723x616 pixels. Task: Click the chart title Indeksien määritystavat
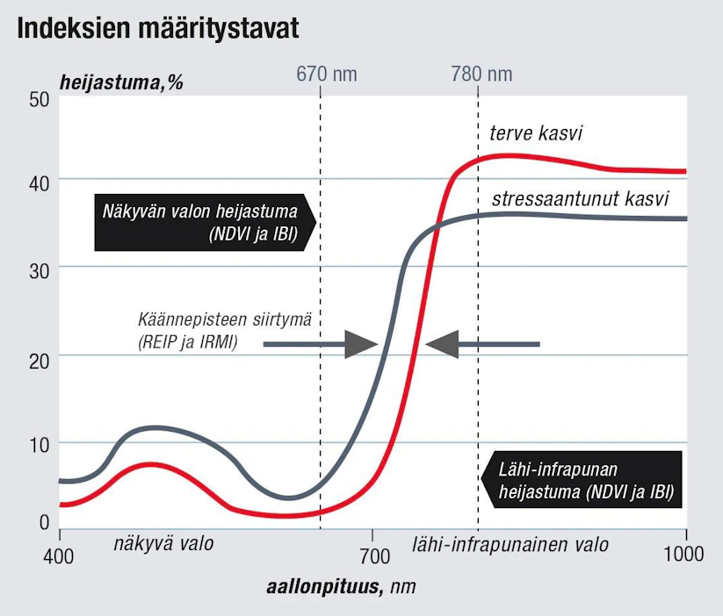(158, 29)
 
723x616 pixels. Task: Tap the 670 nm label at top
(327, 74)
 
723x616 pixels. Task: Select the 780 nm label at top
(481, 74)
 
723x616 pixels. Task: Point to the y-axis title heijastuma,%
(121, 83)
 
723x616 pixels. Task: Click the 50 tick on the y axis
(40, 99)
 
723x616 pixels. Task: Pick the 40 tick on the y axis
(40, 183)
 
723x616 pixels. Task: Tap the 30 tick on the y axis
(40, 271)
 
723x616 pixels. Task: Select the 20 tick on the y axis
(40, 361)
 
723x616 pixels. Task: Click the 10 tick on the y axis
(40, 445)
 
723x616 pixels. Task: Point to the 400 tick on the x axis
(59, 556)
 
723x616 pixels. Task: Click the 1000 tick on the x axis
(683, 554)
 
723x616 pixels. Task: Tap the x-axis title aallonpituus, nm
(341, 587)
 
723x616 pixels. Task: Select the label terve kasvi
(536, 133)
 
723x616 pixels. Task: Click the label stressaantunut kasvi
(580, 199)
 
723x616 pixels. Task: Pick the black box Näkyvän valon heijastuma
(206, 223)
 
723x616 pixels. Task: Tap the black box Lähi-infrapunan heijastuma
(581, 480)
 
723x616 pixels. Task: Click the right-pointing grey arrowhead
(360, 344)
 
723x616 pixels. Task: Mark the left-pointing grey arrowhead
(442, 344)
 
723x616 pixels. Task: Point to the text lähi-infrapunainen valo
(510, 545)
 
